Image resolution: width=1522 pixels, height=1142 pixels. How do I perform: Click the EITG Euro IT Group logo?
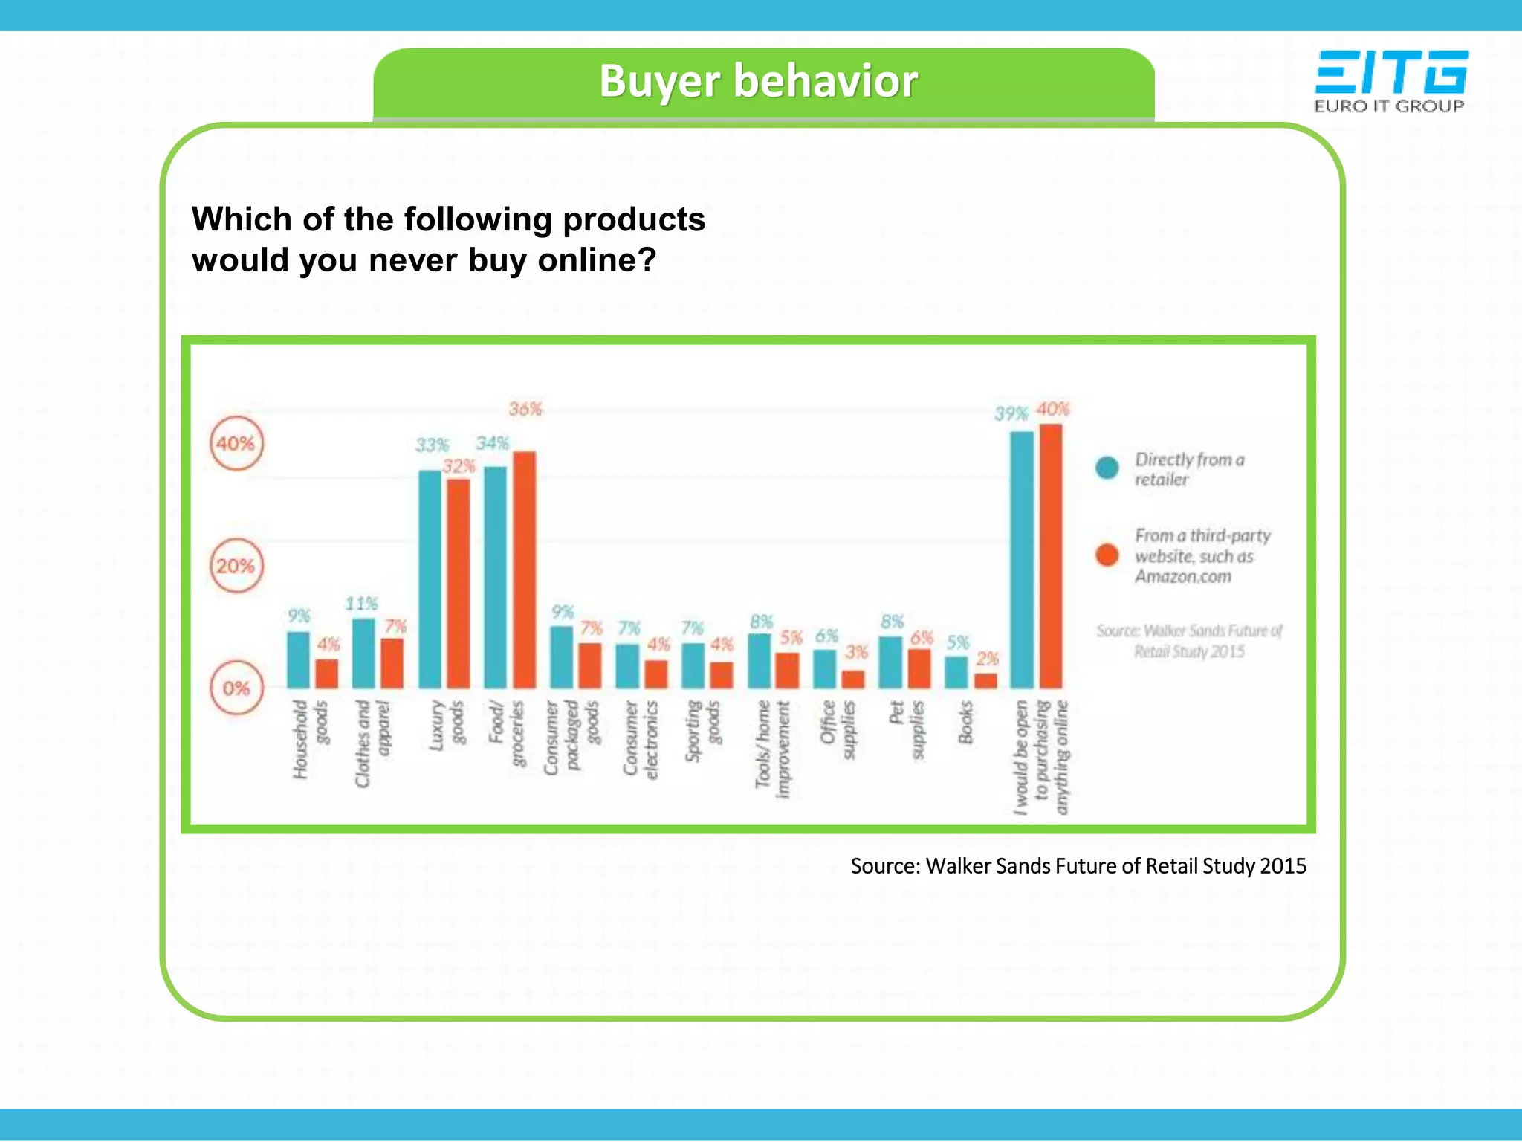(x=1390, y=81)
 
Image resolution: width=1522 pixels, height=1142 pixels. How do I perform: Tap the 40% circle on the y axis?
(x=236, y=444)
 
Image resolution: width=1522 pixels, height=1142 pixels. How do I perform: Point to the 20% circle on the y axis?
(x=236, y=566)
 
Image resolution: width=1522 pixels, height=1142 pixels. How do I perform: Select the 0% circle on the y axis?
(x=236, y=688)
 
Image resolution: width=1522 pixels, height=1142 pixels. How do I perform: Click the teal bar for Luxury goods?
(x=430, y=580)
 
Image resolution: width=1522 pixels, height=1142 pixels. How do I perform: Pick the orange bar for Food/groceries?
(x=524, y=571)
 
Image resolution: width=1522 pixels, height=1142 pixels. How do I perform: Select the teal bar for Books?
(x=956, y=672)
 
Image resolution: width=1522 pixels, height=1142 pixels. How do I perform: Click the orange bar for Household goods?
(x=326, y=674)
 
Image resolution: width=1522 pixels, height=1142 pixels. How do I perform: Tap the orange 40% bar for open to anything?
(x=1051, y=556)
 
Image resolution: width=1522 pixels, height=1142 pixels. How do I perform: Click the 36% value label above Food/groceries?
(x=525, y=409)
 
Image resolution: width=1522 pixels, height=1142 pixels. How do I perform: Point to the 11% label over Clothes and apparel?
(x=361, y=603)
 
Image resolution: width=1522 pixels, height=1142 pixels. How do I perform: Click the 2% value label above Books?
(x=988, y=659)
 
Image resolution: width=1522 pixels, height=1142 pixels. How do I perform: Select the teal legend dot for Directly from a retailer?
(x=1107, y=468)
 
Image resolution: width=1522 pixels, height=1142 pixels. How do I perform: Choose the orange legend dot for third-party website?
(x=1107, y=555)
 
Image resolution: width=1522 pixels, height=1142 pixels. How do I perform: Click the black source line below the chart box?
(x=1078, y=866)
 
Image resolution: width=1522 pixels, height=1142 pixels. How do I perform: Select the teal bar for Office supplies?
(x=824, y=669)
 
